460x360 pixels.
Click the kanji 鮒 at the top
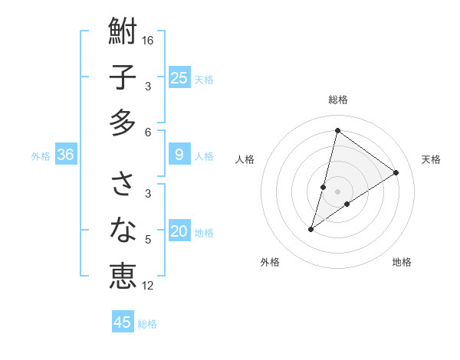point(123,31)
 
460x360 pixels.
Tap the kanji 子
point(123,77)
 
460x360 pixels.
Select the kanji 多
point(123,123)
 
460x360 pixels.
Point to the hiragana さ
point(123,184)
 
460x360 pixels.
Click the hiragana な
point(123,230)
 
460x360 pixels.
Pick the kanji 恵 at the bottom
point(123,276)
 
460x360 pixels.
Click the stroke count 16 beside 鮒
point(149,40)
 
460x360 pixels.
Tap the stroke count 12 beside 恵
point(149,286)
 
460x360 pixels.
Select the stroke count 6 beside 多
point(148,132)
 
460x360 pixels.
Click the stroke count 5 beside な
point(148,240)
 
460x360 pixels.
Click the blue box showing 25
point(179,78)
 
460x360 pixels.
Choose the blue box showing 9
point(179,155)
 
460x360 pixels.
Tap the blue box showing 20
point(179,231)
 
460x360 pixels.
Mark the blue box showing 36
point(66,155)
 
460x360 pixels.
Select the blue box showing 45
point(123,322)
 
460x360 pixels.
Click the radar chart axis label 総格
point(337,100)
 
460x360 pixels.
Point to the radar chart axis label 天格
point(431,159)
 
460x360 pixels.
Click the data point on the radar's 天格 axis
point(396,172)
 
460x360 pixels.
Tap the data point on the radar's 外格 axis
point(311,229)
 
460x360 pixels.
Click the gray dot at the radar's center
point(338,191)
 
